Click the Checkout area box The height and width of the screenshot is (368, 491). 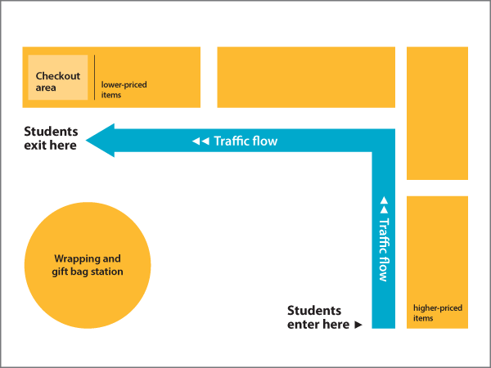pyautogui.click(x=58, y=78)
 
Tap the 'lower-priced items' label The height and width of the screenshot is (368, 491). pyautogui.click(x=124, y=89)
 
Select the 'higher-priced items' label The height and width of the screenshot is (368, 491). pyautogui.click(x=437, y=312)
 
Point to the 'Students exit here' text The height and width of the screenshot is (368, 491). pyautogui.click(x=51, y=138)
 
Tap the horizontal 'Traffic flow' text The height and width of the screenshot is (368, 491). pyautogui.click(x=245, y=141)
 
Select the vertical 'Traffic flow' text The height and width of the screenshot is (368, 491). pyautogui.click(x=383, y=249)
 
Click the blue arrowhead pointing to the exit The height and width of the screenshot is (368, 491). pyautogui.click(x=100, y=141)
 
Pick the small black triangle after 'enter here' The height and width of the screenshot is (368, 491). pyautogui.click(x=358, y=325)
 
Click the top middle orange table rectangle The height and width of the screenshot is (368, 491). pyautogui.click(x=305, y=77)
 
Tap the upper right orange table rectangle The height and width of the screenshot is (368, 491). pyautogui.click(x=437, y=113)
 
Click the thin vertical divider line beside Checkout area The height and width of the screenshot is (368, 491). pyautogui.click(x=94, y=78)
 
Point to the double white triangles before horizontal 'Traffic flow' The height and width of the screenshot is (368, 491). pyautogui.click(x=200, y=141)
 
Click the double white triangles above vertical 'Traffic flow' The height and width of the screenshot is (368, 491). pyautogui.click(x=383, y=204)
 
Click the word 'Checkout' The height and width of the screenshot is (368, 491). pyautogui.click(x=58, y=76)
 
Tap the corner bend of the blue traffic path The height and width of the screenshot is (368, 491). pyautogui.click(x=383, y=141)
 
